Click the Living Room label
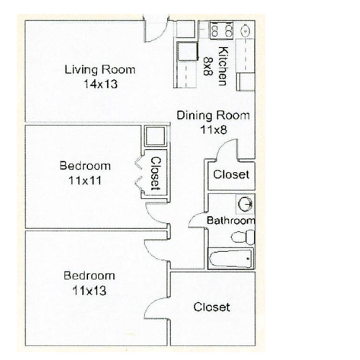click(100, 70)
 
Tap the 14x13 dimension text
click(101, 84)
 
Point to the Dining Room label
click(213, 115)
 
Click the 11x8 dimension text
click(213, 130)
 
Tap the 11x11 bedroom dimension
click(85, 181)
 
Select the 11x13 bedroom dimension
click(89, 291)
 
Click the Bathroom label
click(230, 220)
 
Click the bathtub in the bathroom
click(230, 258)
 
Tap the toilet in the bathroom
click(243, 237)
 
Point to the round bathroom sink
click(246, 204)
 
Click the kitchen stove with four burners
click(221, 30)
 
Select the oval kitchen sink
click(246, 30)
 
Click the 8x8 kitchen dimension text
click(208, 66)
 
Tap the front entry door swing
click(157, 32)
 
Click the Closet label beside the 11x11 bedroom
click(156, 174)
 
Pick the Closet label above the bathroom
click(231, 174)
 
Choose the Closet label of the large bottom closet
click(212, 307)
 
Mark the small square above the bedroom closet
click(156, 136)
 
